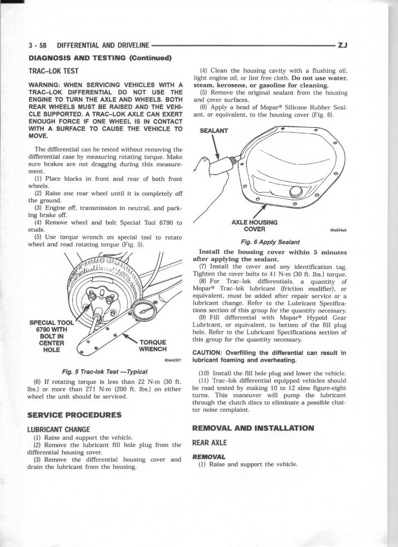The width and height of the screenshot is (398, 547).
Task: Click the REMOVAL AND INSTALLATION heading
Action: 253,428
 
